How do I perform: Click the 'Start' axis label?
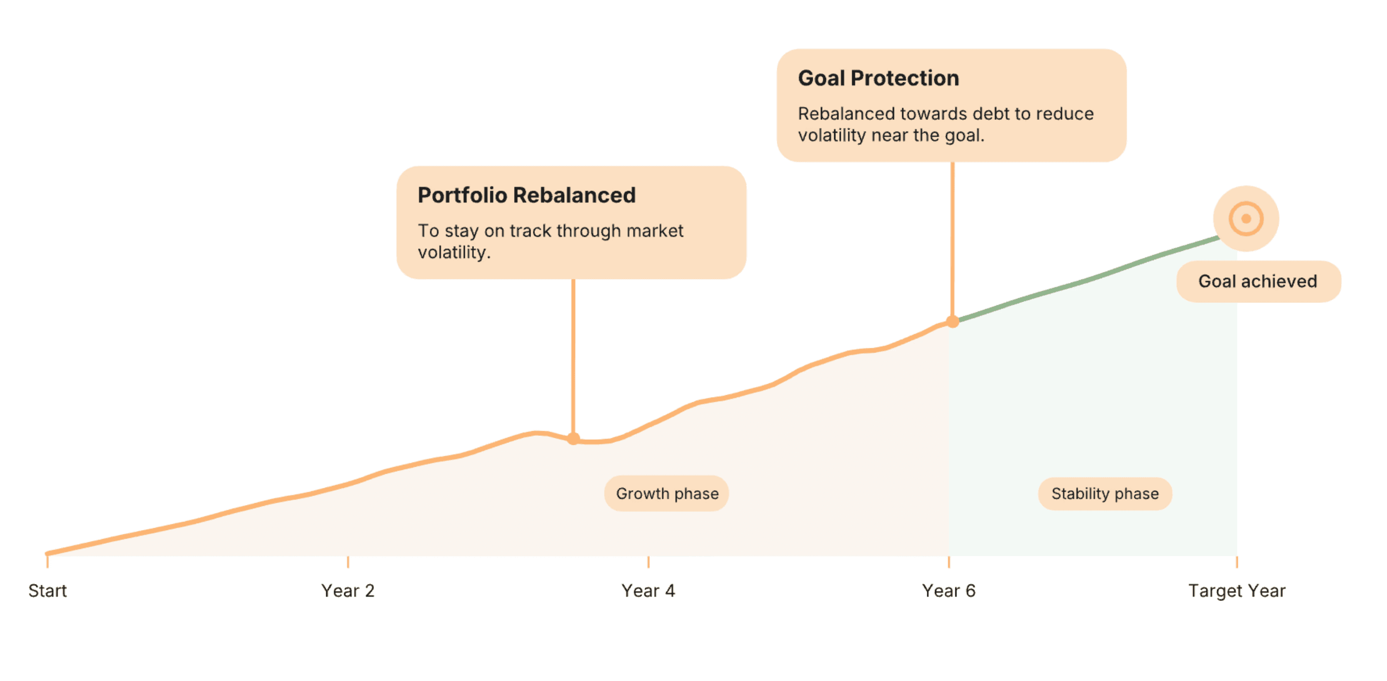click(x=47, y=591)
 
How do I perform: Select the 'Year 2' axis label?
click(x=348, y=591)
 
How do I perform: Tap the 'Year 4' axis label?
click(x=648, y=591)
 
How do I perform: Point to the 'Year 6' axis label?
click(x=949, y=591)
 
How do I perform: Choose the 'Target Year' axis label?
click(x=1237, y=591)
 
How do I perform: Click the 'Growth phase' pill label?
click(x=667, y=493)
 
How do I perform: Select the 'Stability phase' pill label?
click(x=1105, y=493)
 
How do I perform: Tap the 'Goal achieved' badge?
click(x=1258, y=281)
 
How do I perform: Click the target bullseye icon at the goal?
click(x=1246, y=219)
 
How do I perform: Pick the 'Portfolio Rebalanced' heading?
click(x=526, y=195)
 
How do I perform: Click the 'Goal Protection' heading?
click(x=879, y=78)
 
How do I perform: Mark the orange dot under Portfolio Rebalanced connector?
click(x=573, y=439)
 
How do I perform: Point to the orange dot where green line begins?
click(x=952, y=321)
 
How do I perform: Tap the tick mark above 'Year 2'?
click(x=348, y=561)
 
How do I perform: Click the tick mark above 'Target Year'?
click(x=1237, y=561)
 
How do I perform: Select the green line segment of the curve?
click(x=1088, y=279)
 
